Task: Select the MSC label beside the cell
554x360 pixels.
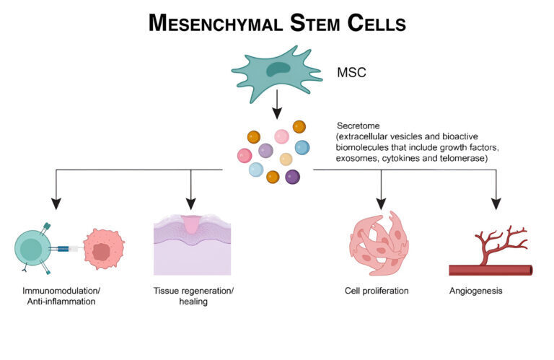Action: (x=352, y=73)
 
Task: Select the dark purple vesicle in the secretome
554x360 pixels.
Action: (x=292, y=176)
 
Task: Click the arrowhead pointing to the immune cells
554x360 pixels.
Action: (x=57, y=203)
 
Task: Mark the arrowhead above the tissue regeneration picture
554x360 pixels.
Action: (x=190, y=203)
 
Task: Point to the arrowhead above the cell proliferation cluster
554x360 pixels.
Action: (x=381, y=203)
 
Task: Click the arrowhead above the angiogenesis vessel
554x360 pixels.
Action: (x=496, y=203)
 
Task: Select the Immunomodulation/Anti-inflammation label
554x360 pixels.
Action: (x=57, y=296)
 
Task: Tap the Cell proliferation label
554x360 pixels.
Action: (x=377, y=291)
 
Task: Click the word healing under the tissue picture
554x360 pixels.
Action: (x=193, y=302)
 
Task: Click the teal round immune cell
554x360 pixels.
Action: (x=32, y=249)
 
